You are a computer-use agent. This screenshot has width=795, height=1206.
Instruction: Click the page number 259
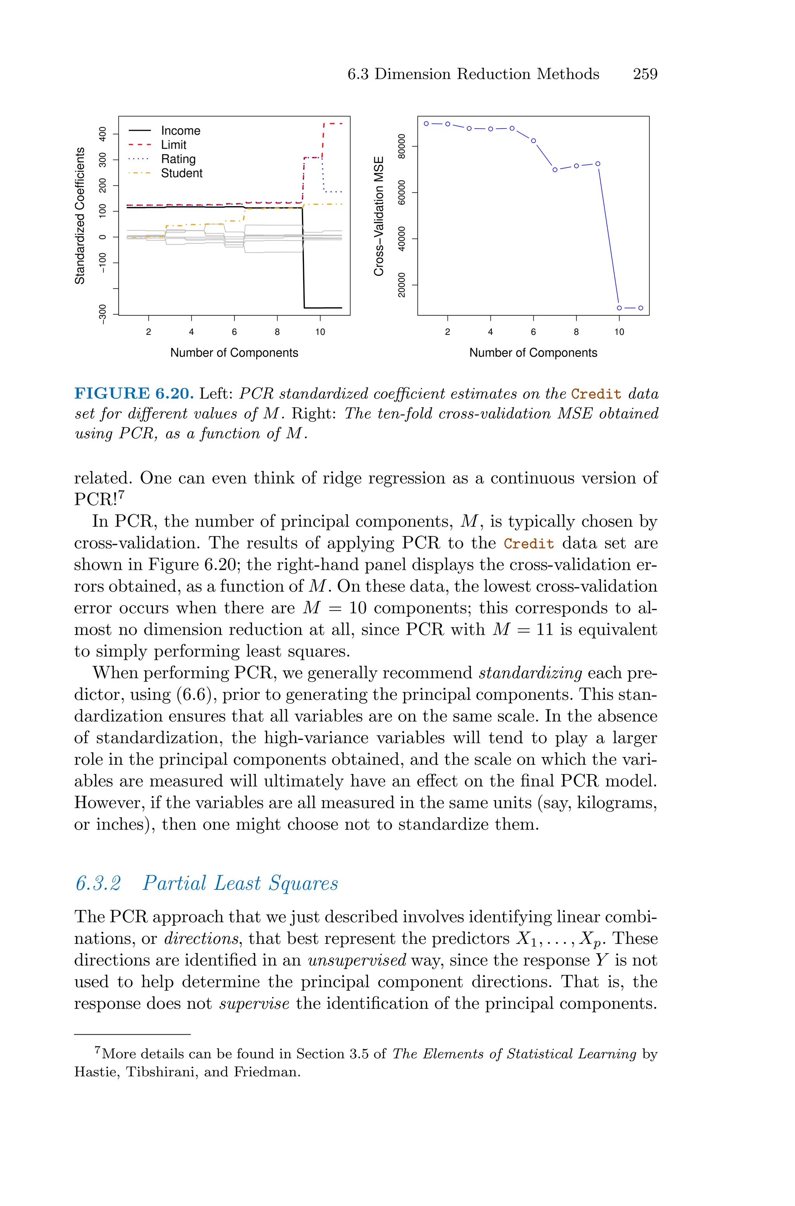645,74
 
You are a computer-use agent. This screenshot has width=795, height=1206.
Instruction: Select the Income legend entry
180,131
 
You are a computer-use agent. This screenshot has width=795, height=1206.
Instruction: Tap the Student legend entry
182,174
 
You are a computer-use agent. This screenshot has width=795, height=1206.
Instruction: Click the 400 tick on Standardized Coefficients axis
103,134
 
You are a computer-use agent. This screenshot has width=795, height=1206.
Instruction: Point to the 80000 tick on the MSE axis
402,146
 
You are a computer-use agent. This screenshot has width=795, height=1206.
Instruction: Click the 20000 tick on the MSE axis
402,285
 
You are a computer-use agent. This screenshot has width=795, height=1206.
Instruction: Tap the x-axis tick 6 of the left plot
234,332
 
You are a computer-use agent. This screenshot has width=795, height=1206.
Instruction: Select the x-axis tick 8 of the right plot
576,332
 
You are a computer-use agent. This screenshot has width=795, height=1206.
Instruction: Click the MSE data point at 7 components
555,170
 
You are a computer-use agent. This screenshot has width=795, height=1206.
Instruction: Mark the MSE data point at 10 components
619,308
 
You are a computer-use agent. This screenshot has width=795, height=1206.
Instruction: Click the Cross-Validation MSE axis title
379,216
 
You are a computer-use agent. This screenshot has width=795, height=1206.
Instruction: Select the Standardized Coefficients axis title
80,216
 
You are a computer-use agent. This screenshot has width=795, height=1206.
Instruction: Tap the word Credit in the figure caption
596,394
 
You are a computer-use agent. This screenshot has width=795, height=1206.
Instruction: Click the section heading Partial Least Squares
240,883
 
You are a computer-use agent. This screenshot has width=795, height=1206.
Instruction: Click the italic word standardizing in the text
530,673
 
